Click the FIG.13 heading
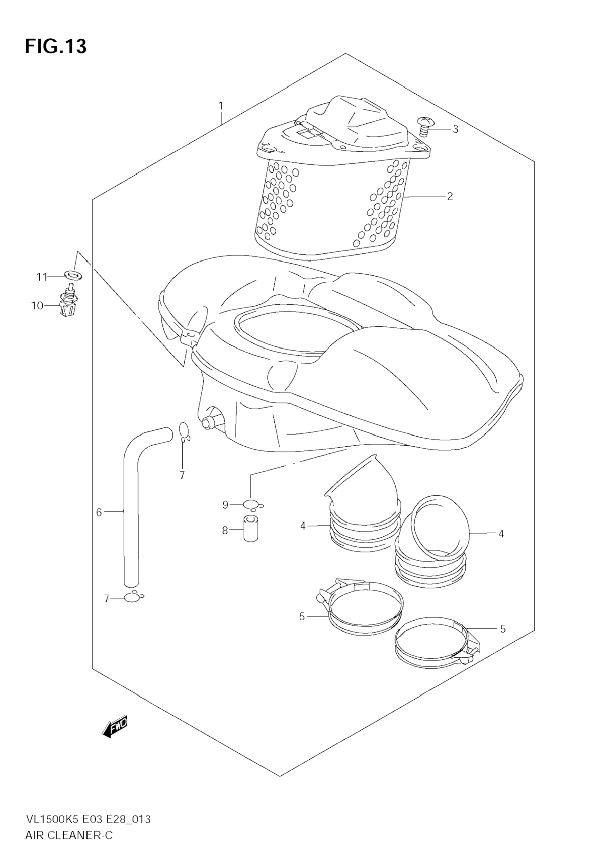tap(56, 47)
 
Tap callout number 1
tap(221, 106)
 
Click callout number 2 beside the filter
tap(450, 196)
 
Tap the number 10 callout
tap(37, 306)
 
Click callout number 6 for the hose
tap(99, 512)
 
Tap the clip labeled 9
tap(252, 505)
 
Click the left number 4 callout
tap(303, 526)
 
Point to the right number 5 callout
tap(503, 628)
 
